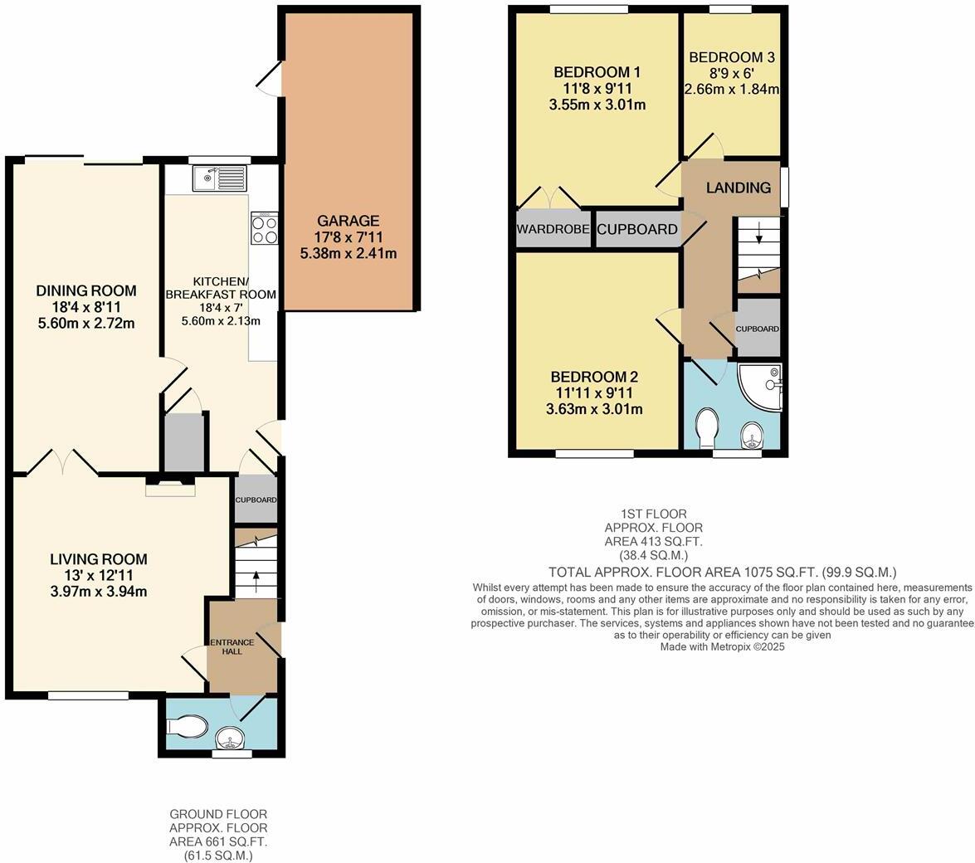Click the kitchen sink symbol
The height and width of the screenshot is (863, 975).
[219, 178]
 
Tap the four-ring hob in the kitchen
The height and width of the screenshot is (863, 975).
[265, 229]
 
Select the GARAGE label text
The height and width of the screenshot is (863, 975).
[348, 221]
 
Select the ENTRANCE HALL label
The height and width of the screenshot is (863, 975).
[225, 646]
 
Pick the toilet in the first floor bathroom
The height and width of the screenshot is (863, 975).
[708, 426]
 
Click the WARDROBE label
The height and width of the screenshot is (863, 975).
[553, 229]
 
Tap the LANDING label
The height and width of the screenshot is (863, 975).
[738, 188]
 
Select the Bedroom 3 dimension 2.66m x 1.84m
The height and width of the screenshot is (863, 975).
[731, 90]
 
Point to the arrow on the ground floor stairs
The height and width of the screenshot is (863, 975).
[256, 576]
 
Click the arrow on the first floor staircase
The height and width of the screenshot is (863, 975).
[759, 236]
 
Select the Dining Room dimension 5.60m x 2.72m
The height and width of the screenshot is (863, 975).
[86, 323]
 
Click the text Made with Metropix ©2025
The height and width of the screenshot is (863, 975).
[722, 646]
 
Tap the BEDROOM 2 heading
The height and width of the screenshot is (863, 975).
[594, 376]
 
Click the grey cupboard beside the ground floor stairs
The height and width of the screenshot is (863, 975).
[255, 500]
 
